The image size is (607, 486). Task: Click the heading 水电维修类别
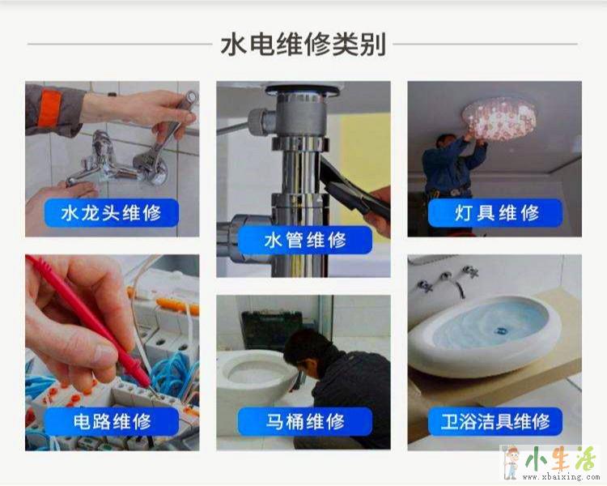tap(303, 45)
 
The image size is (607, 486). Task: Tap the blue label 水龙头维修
tap(112, 213)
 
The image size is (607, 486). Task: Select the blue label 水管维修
tap(305, 241)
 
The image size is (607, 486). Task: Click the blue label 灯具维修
tap(495, 213)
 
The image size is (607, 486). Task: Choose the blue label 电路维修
tap(112, 421)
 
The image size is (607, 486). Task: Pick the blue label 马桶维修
tap(305, 421)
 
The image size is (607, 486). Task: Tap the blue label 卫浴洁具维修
tap(495, 421)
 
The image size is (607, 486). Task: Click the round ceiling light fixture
tap(499, 117)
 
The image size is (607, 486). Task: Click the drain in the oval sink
tap(501, 330)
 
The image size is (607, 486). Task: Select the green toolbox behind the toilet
tap(272, 330)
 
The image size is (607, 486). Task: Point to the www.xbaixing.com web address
tap(560, 477)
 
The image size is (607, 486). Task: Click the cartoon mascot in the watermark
tap(511, 463)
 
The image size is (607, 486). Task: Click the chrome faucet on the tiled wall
tap(116, 162)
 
